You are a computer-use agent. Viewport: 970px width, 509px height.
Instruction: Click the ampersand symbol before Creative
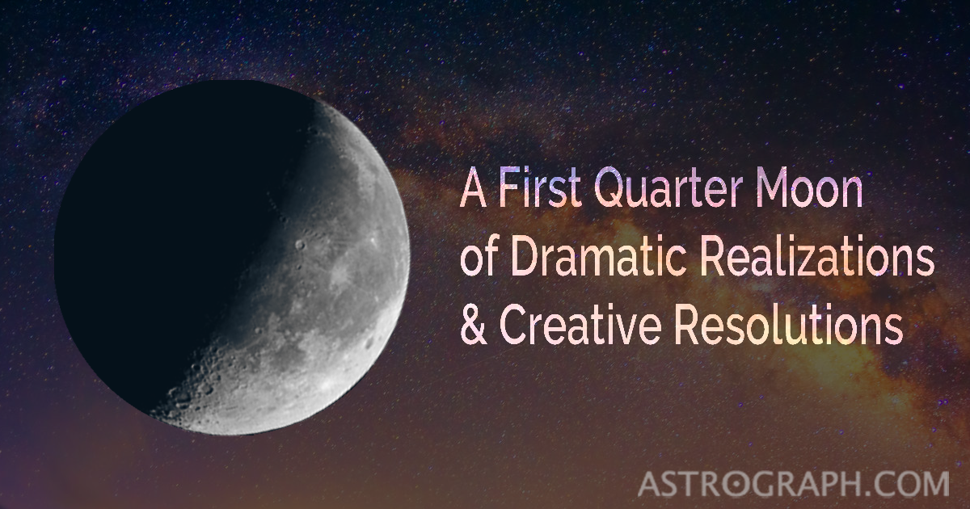tap(473, 326)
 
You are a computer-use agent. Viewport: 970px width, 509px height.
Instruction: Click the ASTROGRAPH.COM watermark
tap(793, 482)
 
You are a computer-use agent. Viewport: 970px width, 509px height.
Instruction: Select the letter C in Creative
tap(514, 326)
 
